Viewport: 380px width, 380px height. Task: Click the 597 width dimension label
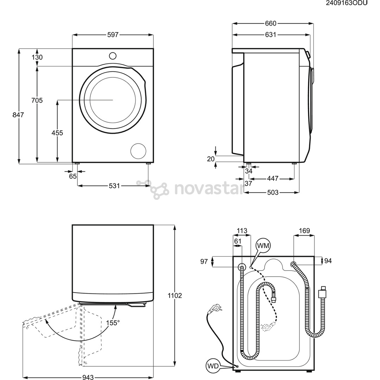tap(113, 35)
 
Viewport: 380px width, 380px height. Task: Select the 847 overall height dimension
tap(18, 115)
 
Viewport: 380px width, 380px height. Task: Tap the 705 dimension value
tap(37, 101)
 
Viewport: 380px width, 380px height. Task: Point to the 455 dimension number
tap(57, 133)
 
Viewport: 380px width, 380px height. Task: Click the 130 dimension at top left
tap(37, 57)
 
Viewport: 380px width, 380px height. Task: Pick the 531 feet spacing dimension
tap(114, 185)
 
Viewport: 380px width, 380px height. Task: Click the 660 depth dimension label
tap(271, 24)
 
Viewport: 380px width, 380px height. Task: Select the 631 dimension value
tap(271, 35)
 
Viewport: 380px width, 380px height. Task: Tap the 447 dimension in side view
tap(272, 178)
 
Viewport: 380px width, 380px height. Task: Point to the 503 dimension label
tap(272, 192)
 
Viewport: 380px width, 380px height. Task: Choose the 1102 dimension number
tap(175, 296)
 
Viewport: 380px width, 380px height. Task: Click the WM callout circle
tap(263, 246)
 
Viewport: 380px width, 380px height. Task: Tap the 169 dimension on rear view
tap(304, 231)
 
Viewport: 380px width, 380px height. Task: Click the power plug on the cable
tap(215, 309)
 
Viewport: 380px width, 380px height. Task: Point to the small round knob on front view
tap(113, 56)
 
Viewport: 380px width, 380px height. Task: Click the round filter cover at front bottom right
tap(138, 151)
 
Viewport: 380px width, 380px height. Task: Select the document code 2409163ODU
tap(347, 3)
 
